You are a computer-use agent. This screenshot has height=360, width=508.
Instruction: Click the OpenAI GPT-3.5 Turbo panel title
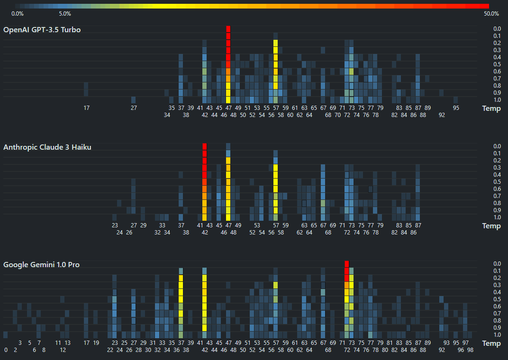[x=42, y=30]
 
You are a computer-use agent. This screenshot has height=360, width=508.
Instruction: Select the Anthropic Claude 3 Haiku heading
[x=47, y=147]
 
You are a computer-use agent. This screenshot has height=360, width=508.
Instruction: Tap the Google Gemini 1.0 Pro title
[x=41, y=265]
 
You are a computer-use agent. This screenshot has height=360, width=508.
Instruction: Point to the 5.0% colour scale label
[x=65, y=13]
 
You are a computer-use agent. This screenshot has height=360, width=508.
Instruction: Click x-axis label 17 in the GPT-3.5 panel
[x=86, y=108]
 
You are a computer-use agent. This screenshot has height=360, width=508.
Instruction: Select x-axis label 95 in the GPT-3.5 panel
[x=456, y=108]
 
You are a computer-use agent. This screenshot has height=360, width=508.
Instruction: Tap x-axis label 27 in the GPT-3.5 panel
[x=134, y=108]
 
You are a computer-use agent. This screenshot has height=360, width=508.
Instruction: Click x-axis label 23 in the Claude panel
[x=115, y=225]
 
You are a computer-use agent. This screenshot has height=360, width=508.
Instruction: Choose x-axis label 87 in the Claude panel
[x=418, y=225]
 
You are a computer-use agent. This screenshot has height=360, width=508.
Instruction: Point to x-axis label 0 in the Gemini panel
[x=6, y=350]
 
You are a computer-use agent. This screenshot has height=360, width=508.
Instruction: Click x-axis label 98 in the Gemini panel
[x=470, y=350]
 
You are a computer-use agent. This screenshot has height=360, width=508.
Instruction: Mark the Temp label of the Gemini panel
[x=491, y=343]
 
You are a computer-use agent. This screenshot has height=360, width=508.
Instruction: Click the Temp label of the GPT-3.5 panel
[x=491, y=108]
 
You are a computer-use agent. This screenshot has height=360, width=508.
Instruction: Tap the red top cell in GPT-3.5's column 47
[x=228, y=29]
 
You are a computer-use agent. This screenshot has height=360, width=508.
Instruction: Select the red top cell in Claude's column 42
[x=205, y=146]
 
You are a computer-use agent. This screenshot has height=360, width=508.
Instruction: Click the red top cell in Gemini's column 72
[x=346, y=264]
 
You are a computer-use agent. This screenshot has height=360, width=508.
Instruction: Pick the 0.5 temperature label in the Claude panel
[x=497, y=182]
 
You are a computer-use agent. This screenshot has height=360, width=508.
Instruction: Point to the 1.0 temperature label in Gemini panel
[x=497, y=335]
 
